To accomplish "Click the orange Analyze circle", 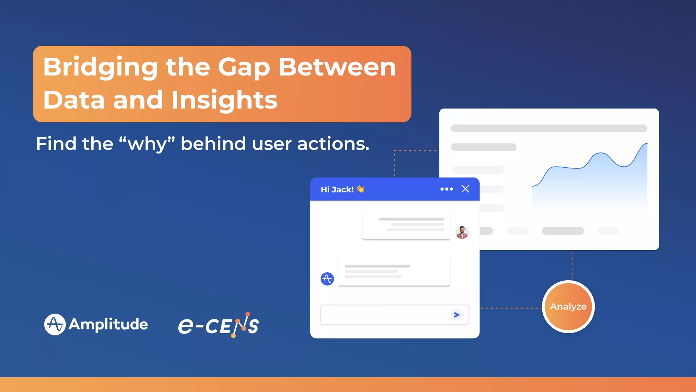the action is pyautogui.click(x=568, y=307).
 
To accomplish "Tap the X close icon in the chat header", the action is pyautogui.click(x=465, y=189).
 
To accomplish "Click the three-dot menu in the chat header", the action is pyautogui.click(x=447, y=189).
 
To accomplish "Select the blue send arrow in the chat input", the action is pyautogui.click(x=457, y=315).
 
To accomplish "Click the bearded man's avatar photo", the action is pyautogui.click(x=462, y=232).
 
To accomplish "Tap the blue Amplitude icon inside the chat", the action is pyautogui.click(x=327, y=279).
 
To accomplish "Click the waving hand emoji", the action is pyautogui.click(x=360, y=189).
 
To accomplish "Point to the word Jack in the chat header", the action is pyautogui.click(x=343, y=189).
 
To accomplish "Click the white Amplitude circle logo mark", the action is pyautogui.click(x=55, y=324).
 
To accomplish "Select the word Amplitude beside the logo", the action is pyautogui.click(x=108, y=324).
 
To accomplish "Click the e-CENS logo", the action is pyautogui.click(x=219, y=325).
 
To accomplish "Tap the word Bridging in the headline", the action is pyautogui.click(x=100, y=68).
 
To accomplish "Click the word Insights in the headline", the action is pyautogui.click(x=224, y=100).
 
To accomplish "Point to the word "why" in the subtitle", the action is pyautogui.click(x=147, y=143).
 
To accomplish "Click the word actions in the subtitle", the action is pyautogui.click(x=333, y=144).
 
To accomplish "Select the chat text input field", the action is pyautogui.click(x=395, y=315).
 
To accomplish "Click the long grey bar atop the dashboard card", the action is pyautogui.click(x=549, y=128).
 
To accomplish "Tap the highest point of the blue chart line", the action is pyautogui.click(x=647, y=144).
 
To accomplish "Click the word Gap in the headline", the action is pyautogui.click(x=244, y=68).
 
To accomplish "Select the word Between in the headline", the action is pyautogui.click(x=337, y=67).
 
